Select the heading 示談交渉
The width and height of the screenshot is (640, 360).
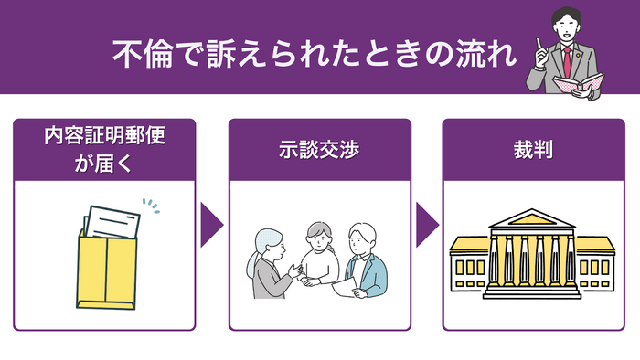tap(319, 148)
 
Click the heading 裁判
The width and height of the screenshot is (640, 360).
tap(533, 148)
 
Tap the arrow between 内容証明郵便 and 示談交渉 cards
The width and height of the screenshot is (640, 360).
tap(211, 225)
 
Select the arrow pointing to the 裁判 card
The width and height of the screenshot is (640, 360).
tap(426, 225)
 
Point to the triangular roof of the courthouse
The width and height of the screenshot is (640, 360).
tap(533, 219)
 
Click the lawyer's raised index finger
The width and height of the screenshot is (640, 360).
tap(541, 44)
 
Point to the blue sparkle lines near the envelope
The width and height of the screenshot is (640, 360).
tap(150, 206)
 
